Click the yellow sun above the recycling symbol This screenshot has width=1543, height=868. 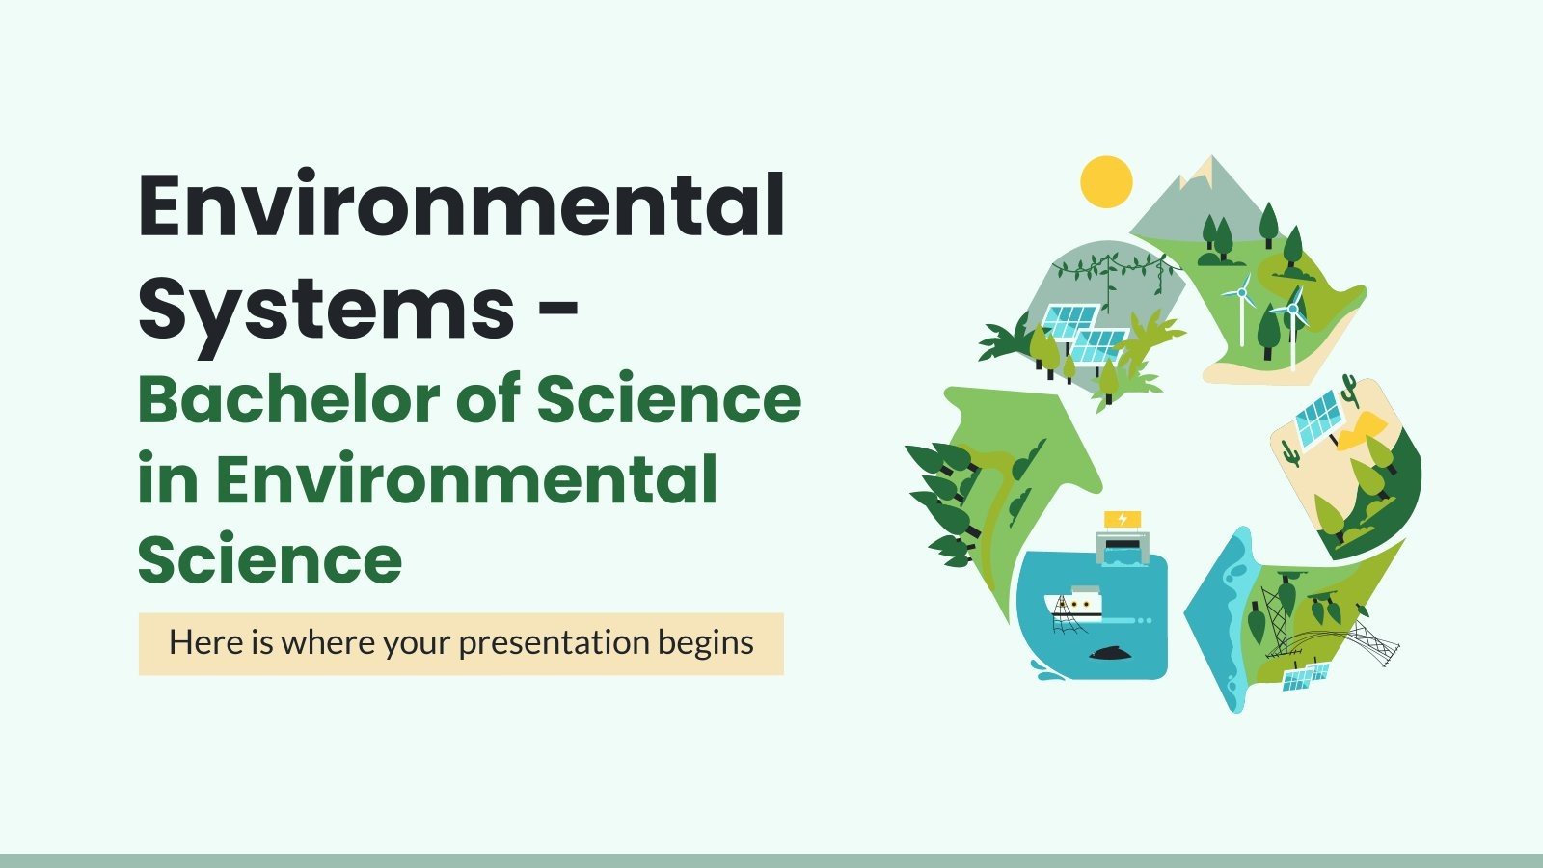1106,181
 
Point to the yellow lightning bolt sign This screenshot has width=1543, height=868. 1122,520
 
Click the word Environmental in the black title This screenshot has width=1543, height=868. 461,205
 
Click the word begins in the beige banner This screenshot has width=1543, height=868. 706,643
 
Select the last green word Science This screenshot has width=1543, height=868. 270,559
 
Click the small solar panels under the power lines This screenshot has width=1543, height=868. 1305,676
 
